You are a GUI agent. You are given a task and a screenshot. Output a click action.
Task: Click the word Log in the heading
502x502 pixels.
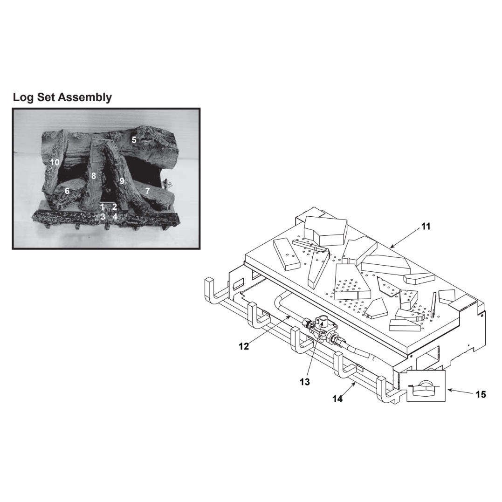pos(23,97)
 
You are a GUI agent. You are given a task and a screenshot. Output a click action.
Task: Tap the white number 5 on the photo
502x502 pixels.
pos(134,140)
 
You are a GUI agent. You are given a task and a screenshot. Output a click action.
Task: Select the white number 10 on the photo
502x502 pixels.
pos(55,162)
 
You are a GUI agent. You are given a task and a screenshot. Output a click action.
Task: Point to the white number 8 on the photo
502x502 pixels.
pos(94,176)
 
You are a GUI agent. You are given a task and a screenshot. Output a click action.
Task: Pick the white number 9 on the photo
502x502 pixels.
pos(122,181)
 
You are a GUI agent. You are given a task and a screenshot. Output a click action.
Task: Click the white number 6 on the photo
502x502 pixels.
pos(67,191)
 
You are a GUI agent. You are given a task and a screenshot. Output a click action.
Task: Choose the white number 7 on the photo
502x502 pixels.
pos(147,191)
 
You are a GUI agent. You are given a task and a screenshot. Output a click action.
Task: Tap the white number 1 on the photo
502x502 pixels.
pos(103,207)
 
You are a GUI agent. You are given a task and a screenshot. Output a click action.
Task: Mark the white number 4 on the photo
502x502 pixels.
pos(115,217)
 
